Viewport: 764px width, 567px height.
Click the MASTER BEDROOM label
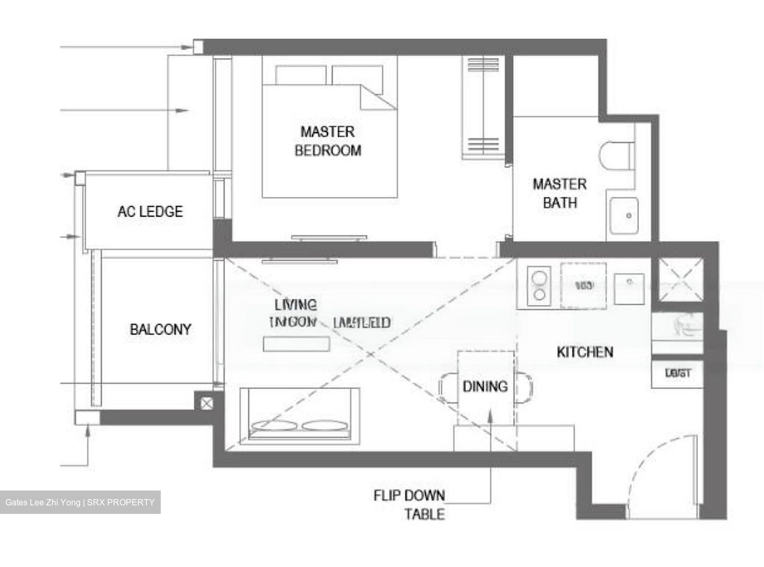pyautogui.click(x=327, y=141)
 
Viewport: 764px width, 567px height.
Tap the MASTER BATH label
pyautogui.click(x=559, y=193)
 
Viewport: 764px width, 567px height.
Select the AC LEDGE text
pyautogui.click(x=150, y=211)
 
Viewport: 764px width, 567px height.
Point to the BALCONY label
pyautogui.click(x=160, y=329)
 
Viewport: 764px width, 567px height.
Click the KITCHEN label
pyautogui.click(x=585, y=351)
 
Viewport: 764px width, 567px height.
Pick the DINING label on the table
pyautogui.click(x=485, y=386)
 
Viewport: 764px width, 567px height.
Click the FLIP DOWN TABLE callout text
pyautogui.click(x=409, y=504)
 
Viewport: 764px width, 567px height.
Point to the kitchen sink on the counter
pyautogui.click(x=629, y=288)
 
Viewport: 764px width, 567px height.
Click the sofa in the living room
pyautogui.click(x=299, y=414)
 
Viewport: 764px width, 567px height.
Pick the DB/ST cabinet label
pyautogui.click(x=678, y=373)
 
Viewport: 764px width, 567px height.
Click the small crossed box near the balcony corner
pyautogui.click(x=206, y=404)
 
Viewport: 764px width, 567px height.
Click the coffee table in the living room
pyautogui.click(x=296, y=343)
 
